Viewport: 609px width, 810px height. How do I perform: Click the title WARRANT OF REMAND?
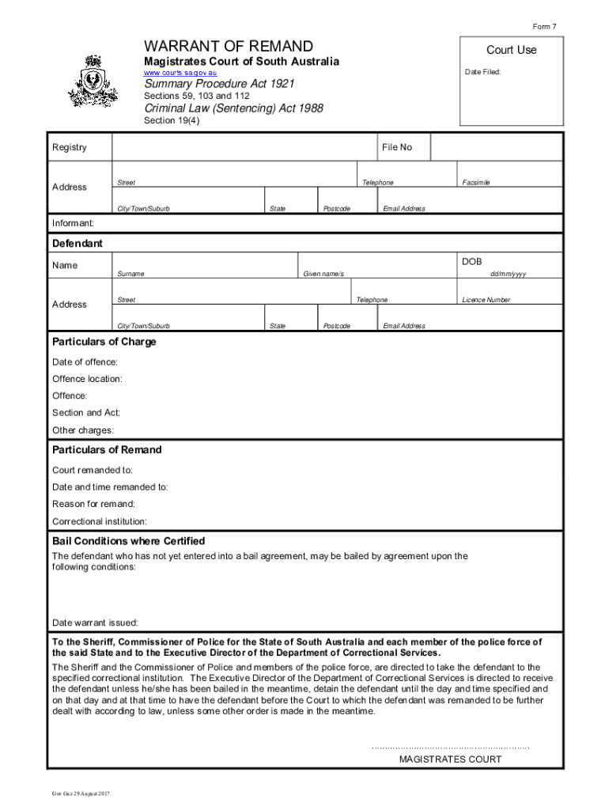tap(228, 47)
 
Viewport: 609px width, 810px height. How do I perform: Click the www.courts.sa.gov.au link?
tap(180, 73)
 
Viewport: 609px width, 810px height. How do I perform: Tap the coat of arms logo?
tap(94, 81)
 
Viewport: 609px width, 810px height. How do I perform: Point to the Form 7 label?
tap(544, 27)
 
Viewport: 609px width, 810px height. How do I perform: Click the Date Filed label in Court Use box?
tap(482, 72)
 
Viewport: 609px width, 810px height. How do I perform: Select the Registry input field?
tap(245, 147)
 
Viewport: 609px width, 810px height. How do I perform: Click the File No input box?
tap(496, 147)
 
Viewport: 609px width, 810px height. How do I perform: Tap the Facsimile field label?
tap(476, 183)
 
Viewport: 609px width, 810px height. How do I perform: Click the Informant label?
tap(73, 223)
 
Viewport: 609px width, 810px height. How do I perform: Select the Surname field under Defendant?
tap(205, 263)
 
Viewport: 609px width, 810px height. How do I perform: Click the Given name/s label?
tap(323, 274)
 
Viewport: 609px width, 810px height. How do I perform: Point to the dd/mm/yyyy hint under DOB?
tap(508, 274)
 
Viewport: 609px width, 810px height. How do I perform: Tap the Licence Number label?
tap(486, 301)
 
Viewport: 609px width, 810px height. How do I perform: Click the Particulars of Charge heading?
tap(104, 342)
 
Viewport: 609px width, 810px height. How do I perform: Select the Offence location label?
tap(87, 379)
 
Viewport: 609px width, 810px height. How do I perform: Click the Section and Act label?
tap(86, 413)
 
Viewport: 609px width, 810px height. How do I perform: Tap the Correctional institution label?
tap(99, 521)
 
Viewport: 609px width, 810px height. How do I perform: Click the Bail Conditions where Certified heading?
tap(128, 541)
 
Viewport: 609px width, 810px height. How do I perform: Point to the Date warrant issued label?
tap(95, 622)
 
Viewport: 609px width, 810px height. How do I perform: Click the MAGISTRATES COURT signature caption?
tap(450, 759)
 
